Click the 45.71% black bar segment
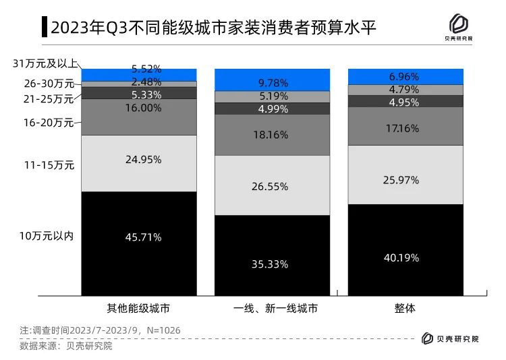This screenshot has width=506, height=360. coord(138,243)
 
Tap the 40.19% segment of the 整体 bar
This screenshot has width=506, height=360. coord(405,249)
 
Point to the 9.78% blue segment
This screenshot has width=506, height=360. coord(273,80)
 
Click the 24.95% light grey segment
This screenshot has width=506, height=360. coord(138,164)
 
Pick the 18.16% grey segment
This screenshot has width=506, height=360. coord(273,135)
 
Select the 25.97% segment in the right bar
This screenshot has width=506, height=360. coord(405,175)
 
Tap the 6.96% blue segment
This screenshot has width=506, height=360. coord(405,76)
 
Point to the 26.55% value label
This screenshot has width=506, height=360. coord(273,185)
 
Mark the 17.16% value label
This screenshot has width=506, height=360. coord(405,127)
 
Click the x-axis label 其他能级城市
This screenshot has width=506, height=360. coord(138,309)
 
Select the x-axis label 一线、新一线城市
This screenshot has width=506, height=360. coord(273,309)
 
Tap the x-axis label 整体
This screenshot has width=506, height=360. coord(405,309)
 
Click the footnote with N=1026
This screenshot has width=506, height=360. coord(100,331)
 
